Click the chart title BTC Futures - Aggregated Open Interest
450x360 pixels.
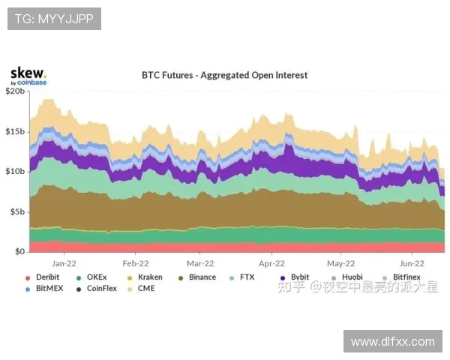[x=225, y=75]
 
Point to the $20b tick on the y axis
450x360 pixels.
[x=16, y=91]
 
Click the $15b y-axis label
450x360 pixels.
[x=16, y=131]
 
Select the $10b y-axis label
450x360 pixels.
[x=16, y=171]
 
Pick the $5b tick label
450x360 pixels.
[x=18, y=211]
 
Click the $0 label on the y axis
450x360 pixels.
[x=20, y=252]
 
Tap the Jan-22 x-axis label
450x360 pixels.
[x=64, y=263]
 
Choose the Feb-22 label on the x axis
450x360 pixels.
[x=134, y=263]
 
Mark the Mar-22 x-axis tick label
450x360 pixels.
[x=200, y=263]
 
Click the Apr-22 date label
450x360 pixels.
[x=271, y=263]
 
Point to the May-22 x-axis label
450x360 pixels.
[x=340, y=263]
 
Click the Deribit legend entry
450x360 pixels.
[x=47, y=277]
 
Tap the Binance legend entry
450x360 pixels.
[x=202, y=277]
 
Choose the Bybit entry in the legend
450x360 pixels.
[x=299, y=277]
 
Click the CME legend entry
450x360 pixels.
[x=146, y=288]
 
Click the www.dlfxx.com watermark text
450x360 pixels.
[x=393, y=342]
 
